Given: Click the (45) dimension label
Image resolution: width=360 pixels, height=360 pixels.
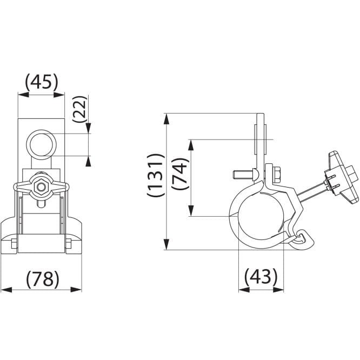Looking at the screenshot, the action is tap(42, 82).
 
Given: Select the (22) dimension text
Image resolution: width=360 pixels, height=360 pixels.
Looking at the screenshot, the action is tap(80, 109).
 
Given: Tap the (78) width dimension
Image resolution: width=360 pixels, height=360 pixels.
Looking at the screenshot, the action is tap(43, 279).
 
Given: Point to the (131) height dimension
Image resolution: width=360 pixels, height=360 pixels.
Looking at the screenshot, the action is tap(156, 175).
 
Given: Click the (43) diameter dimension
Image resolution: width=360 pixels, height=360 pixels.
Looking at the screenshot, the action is tap(261, 276).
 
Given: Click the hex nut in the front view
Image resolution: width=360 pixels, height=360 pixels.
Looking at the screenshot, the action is tap(41, 188).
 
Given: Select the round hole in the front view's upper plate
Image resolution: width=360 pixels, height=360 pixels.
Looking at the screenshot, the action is tap(41, 145).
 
